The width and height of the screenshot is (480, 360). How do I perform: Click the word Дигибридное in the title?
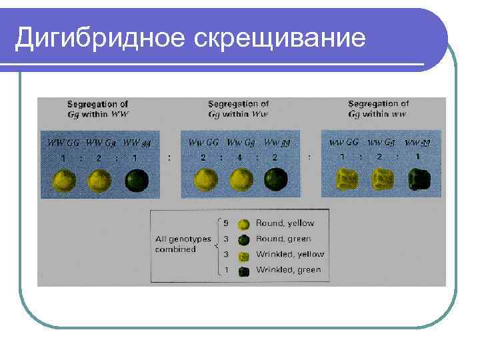(x=101, y=37)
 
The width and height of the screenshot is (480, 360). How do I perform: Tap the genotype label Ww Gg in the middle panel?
(x=241, y=143)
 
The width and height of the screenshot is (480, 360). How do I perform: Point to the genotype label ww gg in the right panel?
(x=417, y=143)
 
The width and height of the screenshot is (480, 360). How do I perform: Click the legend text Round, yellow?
(x=285, y=223)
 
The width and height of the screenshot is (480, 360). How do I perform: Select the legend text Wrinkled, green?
(x=288, y=270)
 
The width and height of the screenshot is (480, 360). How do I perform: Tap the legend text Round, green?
(x=283, y=239)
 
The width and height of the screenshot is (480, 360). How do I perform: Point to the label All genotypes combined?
(x=183, y=244)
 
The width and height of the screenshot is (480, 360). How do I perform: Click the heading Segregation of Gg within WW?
(x=98, y=109)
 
